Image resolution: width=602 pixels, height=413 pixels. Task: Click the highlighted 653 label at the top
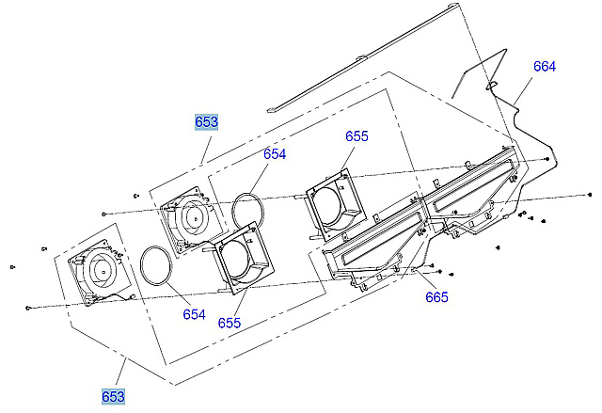[x=206, y=121]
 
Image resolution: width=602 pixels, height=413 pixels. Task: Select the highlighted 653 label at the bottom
[x=113, y=396]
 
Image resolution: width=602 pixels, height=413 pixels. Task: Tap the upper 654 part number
[x=275, y=153]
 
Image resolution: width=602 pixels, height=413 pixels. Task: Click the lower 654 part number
[x=194, y=314]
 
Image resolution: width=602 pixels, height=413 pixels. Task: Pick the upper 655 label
[x=356, y=135]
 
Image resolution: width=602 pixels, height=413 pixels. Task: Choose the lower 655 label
[x=230, y=323]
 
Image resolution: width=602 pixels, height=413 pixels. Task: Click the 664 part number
[x=545, y=67]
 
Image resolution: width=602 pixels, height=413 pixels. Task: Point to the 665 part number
[x=436, y=297]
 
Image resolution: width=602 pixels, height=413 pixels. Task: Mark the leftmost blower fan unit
[x=98, y=271]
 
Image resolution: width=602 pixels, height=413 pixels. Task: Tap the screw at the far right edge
[x=589, y=194]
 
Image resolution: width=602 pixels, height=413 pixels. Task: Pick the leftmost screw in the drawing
[x=11, y=265]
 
